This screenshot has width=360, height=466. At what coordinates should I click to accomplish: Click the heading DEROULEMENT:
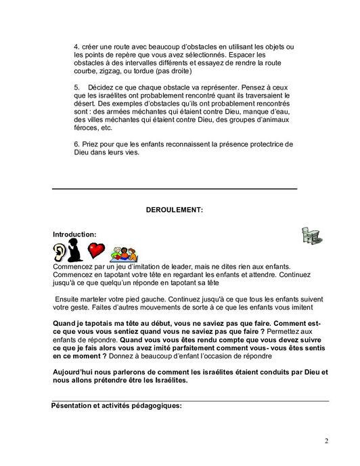pyautogui.click(x=174, y=211)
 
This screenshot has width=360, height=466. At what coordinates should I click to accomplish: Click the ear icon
pyautogui.click(x=60, y=253)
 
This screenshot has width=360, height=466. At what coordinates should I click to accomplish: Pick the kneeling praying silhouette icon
pyautogui.click(x=76, y=253)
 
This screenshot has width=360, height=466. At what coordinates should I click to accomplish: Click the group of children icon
pyautogui.click(x=124, y=253)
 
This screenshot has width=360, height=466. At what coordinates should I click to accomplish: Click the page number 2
pyautogui.click(x=326, y=442)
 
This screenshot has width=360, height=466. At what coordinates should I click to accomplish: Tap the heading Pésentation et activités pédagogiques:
pyautogui.click(x=117, y=406)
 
